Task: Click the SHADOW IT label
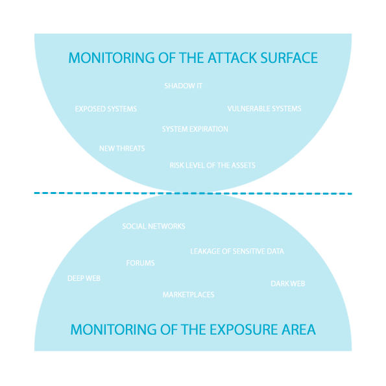[184, 86]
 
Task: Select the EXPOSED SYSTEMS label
[106, 109]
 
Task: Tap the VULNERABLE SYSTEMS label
[265, 109]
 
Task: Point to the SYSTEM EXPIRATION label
[195, 129]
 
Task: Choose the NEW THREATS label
[122, 149]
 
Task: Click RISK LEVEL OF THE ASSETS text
[212, 165]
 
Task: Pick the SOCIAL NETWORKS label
[154, 226]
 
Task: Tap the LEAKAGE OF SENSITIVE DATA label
[237, 251]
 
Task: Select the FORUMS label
[140, 263]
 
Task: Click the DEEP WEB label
[84, 278]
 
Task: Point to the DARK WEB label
[288, 284]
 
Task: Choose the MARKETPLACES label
[189, 295]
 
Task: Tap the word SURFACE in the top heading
[289, 58]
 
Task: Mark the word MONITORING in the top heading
[112, 58]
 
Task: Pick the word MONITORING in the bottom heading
[114, 330]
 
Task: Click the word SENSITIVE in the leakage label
[248, 251]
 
